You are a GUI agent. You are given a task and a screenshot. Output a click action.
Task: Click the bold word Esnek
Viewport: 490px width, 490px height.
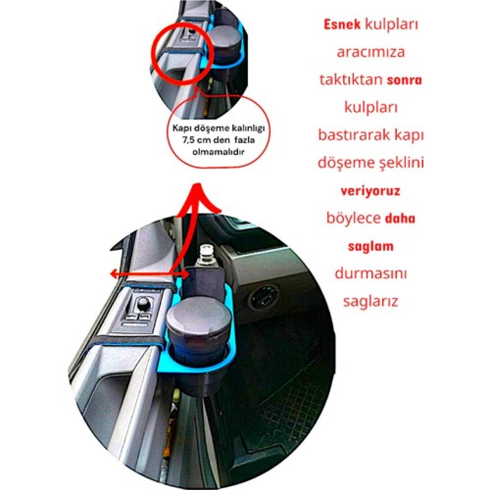pos(342,24)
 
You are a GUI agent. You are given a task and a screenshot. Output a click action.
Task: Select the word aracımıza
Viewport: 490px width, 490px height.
pos(371,52)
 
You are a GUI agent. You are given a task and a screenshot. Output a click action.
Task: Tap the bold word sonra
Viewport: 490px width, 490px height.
pos(404,80)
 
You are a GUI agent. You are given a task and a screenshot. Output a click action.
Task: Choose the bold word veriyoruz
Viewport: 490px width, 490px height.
pos(371,190)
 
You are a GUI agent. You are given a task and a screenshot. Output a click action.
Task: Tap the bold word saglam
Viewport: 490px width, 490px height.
pos(371,246)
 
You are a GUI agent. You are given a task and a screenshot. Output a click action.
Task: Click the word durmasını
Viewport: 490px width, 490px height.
pos(371,273)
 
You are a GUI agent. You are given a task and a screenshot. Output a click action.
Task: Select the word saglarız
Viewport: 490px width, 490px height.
pos(371,301)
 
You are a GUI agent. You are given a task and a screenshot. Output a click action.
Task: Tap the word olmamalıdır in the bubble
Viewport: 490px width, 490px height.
pos(218,152)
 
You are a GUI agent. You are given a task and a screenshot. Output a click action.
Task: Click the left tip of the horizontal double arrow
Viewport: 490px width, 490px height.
pos(110,274)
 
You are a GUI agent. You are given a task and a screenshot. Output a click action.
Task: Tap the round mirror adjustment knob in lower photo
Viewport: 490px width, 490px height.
pos(143,303)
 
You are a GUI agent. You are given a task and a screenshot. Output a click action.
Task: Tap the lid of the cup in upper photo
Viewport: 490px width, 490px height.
pos(225,39)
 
